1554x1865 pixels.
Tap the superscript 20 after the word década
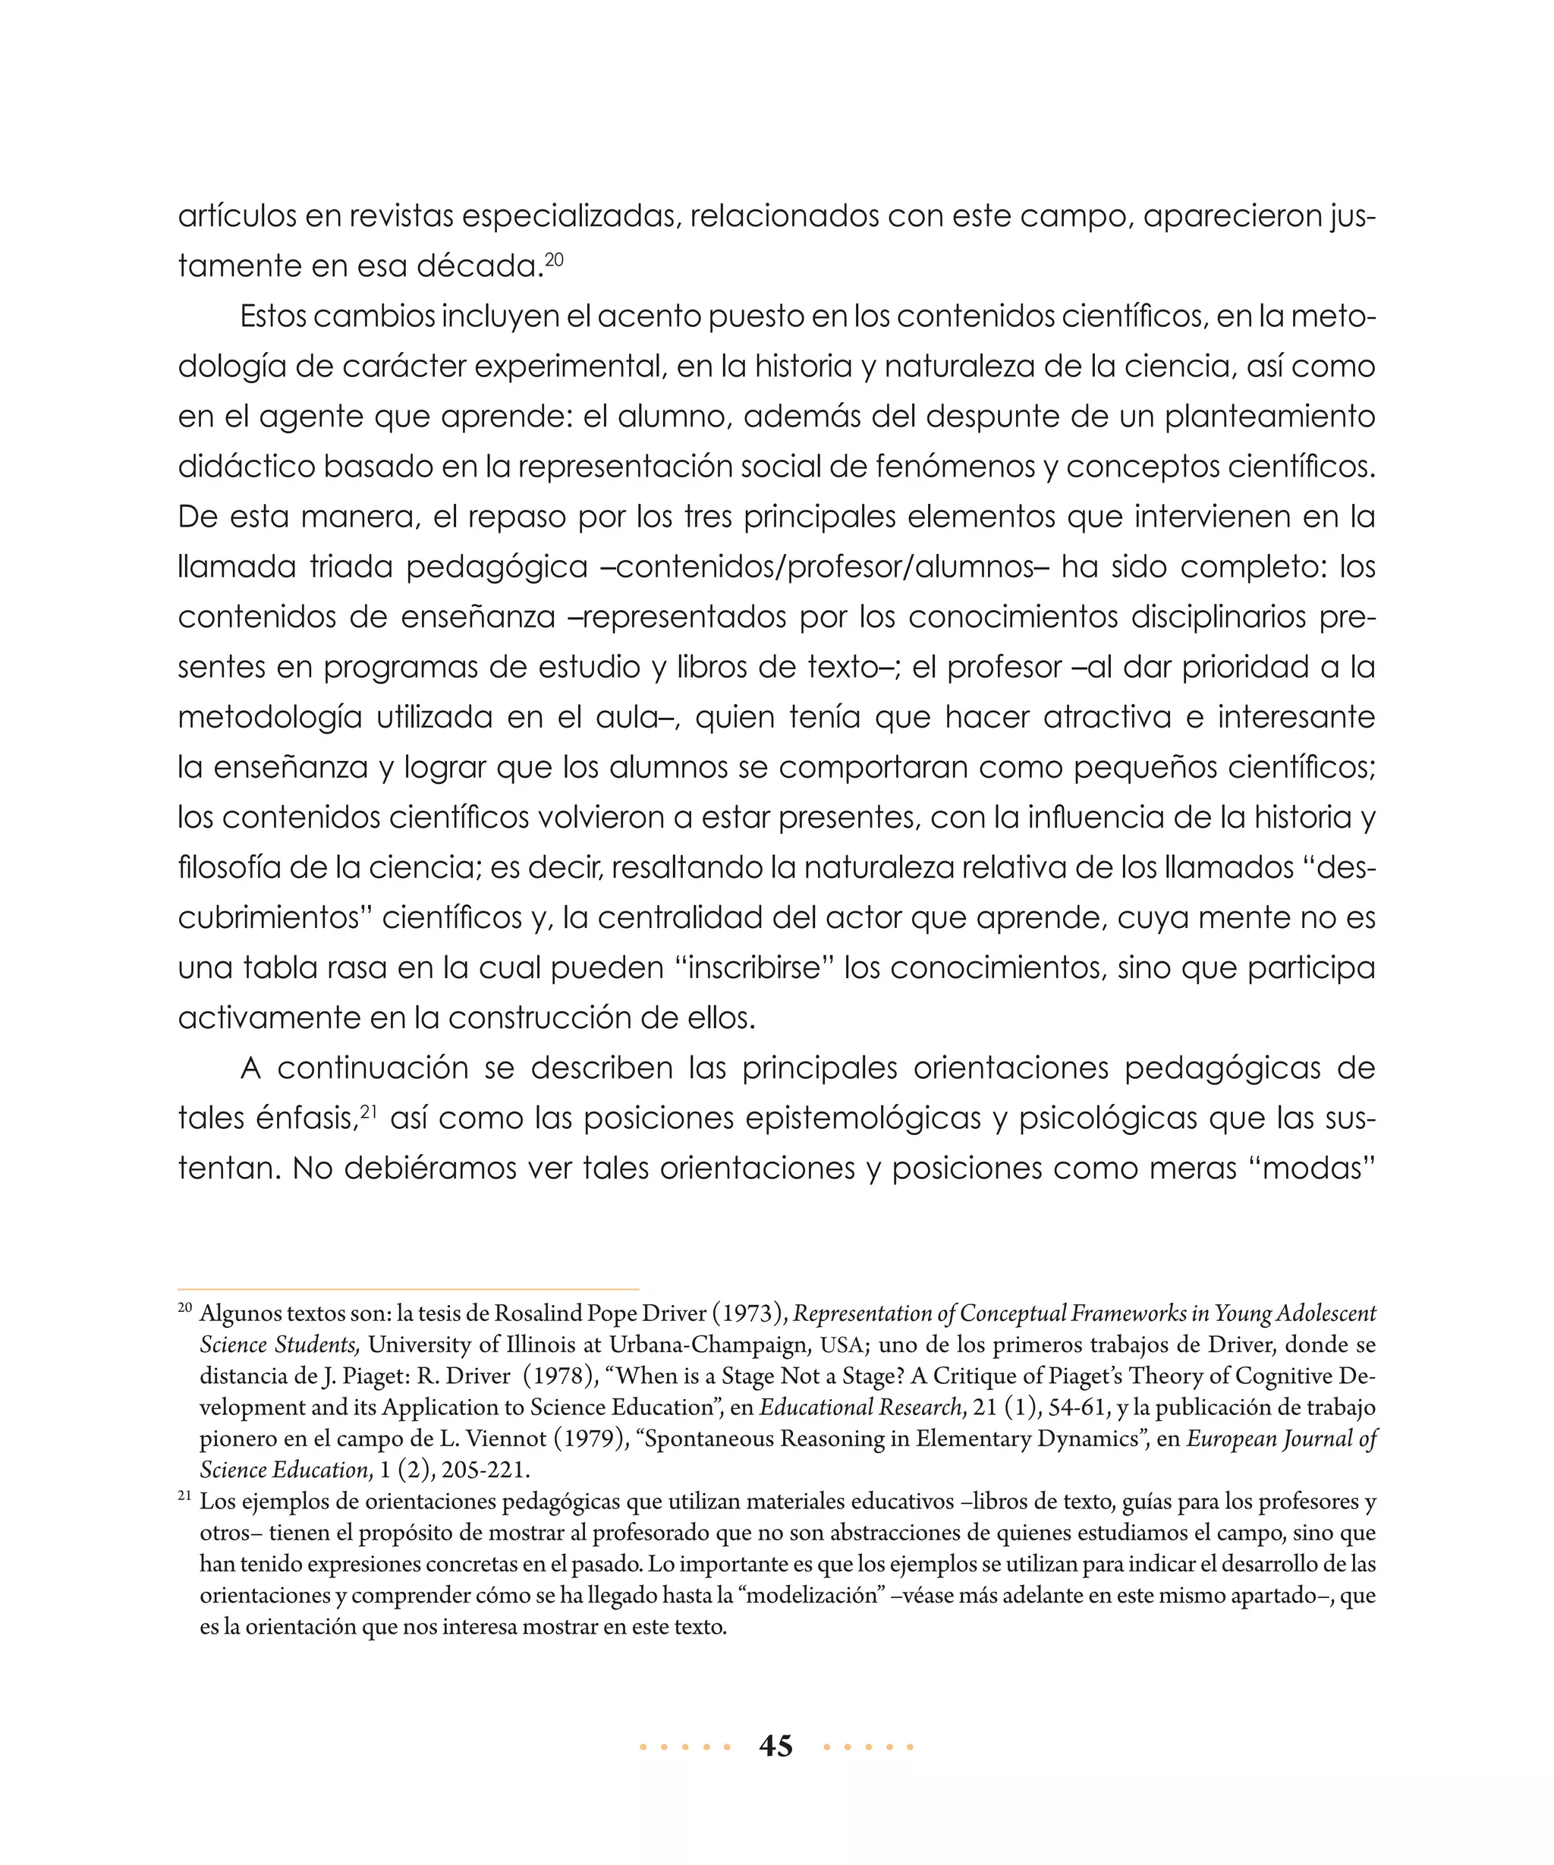[x=554, y=259]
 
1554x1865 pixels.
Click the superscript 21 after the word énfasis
[x=370, y=1110]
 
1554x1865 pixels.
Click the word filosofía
[x=225, y=866]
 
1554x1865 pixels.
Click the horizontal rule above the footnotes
[x=408, y=1288]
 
